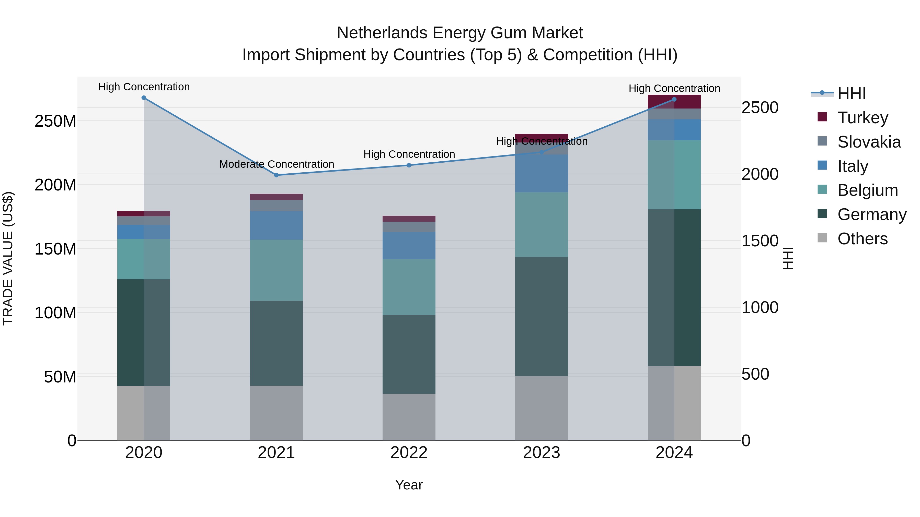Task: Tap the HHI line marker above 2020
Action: [x=144, y=98]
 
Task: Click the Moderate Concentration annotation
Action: [x=277, y=164]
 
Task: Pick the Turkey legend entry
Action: [x=862, y=118]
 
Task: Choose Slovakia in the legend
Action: [x=869, y=142]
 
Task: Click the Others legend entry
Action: [x=862, y=239]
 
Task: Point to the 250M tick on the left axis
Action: [x=55, y=121]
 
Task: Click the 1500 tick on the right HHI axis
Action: [x=760, y=241]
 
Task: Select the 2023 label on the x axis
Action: [x=542, y=453]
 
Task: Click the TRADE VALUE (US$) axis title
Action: [x=8, y=258]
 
